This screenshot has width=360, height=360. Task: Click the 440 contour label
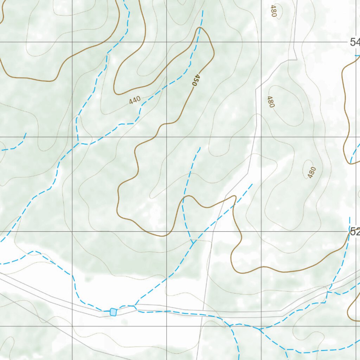[x=135, y=100]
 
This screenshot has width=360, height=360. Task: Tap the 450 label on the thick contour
[x=196, y=80]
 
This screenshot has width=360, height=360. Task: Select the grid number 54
[x=354, y=43]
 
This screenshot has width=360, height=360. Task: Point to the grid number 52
[x=354, y=231]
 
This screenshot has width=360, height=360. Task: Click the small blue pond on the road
[x=113, y=312]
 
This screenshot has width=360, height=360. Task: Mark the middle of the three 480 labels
[x=270, y=102]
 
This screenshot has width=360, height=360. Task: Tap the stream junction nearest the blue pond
[x=135, y=306]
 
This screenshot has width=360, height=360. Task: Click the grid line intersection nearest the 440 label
[x=167, y=137]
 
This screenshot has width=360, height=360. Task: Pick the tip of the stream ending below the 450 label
[x=200, y=148]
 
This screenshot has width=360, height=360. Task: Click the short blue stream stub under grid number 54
[x=357, y=56]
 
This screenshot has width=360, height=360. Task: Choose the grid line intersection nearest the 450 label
[x=167, y=42]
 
